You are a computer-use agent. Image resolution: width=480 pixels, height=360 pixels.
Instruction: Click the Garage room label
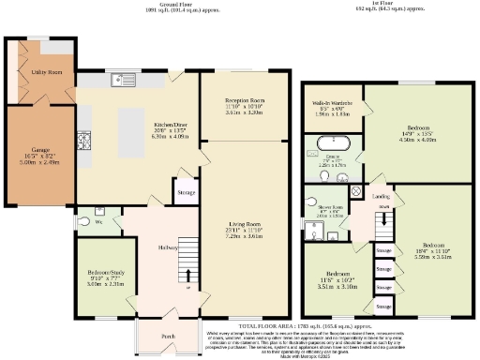(39, 148)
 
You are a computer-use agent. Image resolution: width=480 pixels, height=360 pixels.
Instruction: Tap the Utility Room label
(49, 71)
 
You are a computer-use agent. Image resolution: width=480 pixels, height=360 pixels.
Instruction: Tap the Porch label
(168, 335)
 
